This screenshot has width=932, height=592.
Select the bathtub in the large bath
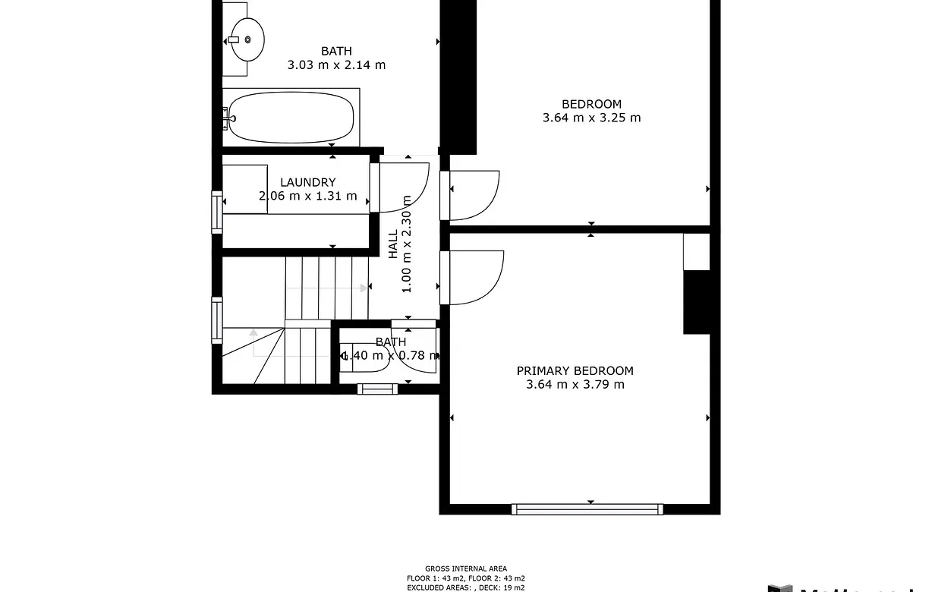pyautogui.click(x=291, y=118)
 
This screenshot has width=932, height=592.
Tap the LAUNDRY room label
pyautogui.click(x=307, y=182)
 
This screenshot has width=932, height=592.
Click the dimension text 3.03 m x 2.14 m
pyautogui.click(x=336, y=65)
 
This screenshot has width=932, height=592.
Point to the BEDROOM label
pyautogui.click(x=591, y=104)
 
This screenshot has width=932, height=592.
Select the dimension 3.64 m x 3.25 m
pyautogui.click(x=591, y=118)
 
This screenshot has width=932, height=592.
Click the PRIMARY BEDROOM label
pyautogui.click(x=575, y=370)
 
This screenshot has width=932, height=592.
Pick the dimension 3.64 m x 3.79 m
pyautogui.click(x=575, y=385)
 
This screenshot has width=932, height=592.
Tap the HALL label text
pyautogui.click(x=393, y=244)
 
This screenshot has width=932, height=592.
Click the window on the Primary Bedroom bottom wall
pyautogui.click(x=587, y=509)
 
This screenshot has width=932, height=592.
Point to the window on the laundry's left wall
pyautogui.click(x=216, y=212)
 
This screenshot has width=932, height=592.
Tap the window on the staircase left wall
pyautogui.click(x=216, y=320)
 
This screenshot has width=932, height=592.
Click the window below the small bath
pyautogui.click(x=377, y=389)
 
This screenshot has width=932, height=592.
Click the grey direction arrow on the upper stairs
pyautogui.click(x=363, y=288)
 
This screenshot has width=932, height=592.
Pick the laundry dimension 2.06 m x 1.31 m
pyautogui.click(x=307, y=196)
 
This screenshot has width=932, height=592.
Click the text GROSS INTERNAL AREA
pyautogui.click(x=465, y=568)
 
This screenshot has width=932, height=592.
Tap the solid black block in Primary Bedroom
pyautogui.click(x=696, y=302)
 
